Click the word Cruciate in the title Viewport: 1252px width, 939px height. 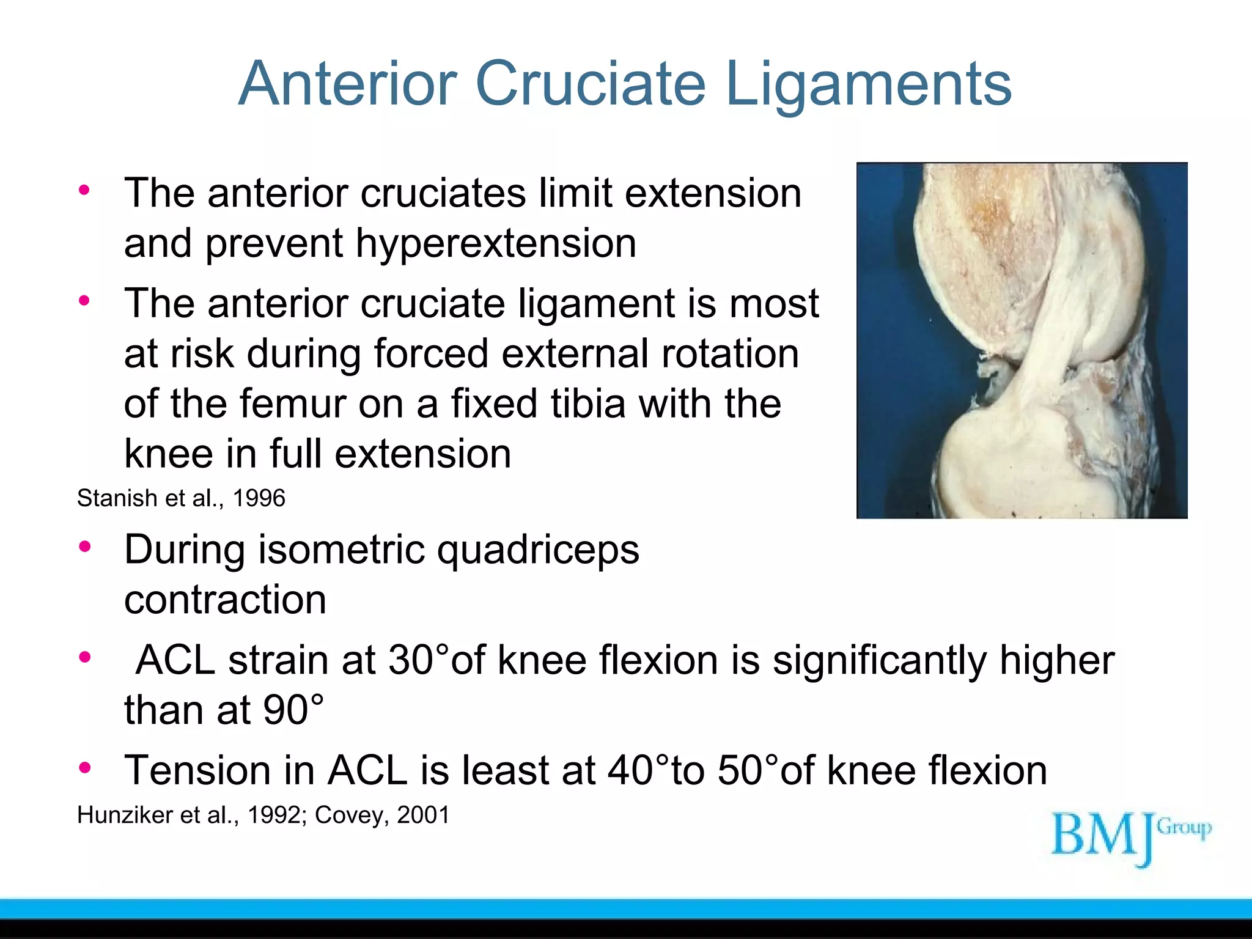(590, 84)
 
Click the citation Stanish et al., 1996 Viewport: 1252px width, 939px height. (181, 498)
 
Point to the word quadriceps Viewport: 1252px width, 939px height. (538, 550)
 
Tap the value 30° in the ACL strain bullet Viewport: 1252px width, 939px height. (419, 661)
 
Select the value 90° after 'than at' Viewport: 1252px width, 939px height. (293, 711)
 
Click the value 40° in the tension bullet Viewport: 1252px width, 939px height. (639, 770)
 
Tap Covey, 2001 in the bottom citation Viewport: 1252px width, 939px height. (382, 816)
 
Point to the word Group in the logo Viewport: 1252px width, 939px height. (1184, 828)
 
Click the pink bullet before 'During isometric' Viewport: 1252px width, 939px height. (84, 546)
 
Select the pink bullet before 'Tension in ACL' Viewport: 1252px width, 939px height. (84, 767)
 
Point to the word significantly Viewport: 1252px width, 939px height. (880, 661)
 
